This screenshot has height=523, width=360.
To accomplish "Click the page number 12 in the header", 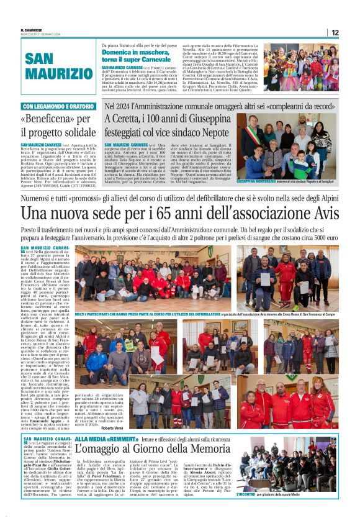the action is [335, 32].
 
